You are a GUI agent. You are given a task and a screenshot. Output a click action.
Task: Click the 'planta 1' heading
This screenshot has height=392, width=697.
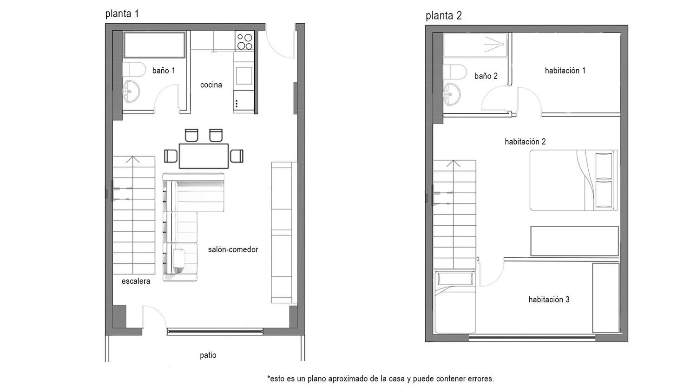tap(122, 14)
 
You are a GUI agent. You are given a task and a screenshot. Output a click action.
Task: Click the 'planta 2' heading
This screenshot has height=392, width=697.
tap(444, 15)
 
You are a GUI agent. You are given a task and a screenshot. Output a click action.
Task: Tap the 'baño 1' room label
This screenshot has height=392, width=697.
tap(164, 71)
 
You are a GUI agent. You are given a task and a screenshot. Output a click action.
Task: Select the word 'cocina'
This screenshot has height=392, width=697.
tap(211, 85)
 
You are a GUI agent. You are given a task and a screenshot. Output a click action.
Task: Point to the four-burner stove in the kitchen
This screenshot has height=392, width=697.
tap(244, 41)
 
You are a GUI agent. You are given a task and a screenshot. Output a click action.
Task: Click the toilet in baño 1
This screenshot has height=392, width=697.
tap(134, 69)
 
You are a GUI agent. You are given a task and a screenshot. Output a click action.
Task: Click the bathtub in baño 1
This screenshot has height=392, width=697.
tap(155, 45)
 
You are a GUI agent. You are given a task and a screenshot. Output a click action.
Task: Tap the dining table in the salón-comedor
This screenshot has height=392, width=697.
tap(204, 156)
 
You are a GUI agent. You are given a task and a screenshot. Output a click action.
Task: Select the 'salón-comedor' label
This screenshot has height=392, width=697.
tap(233, 249)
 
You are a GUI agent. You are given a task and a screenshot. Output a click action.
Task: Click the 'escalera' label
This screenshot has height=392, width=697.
tap(136, 281)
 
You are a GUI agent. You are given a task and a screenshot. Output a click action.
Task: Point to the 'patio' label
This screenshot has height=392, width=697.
tap(208, 355)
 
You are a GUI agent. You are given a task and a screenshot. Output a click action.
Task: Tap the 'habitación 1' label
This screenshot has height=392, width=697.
tap(565, 71)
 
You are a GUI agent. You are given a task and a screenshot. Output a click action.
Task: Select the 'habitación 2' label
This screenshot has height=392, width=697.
tap(525, 142)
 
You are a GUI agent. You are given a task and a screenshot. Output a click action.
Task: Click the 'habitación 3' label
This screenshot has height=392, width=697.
tap(549, 300)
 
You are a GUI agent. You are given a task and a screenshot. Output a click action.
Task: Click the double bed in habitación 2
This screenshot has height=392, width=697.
tap(573, 180)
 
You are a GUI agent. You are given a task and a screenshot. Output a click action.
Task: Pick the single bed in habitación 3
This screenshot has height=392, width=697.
tap(455, 302)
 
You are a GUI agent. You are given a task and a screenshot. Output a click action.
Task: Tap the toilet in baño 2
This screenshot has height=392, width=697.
tap(455, 72)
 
